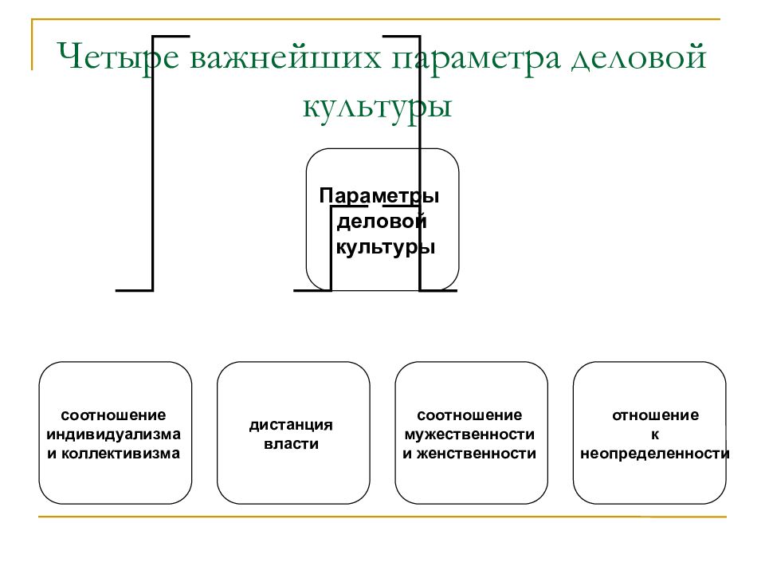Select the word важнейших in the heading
(x=285, y=57)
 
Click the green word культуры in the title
(x=377, y=107)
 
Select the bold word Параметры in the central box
(x=379, y=196)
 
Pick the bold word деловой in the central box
(x=382, y=221)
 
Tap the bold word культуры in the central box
(x=386, y=247)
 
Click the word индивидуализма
(x=114, y=434)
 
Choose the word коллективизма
(x=120, y=454)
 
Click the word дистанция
(x=292, y=425)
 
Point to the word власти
(x=292, y=444)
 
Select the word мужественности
(x=469, y=434)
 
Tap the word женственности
(x=477, y=454)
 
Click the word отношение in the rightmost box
(x=655, y=415)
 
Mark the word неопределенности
(x=655, y=454)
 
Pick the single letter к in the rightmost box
(x=655, y=435)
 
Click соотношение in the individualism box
(x=113, y=415)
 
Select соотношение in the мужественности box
(x=469, y=415)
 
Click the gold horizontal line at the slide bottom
(x=382, y=516)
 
